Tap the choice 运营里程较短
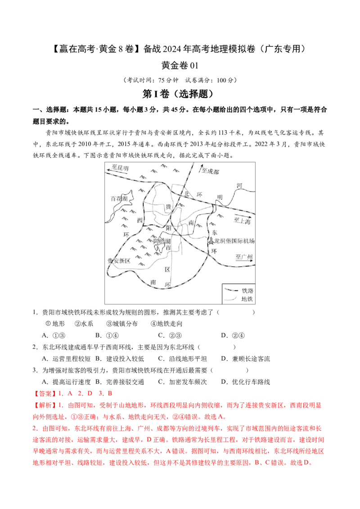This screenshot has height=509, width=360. [x=71, y=358]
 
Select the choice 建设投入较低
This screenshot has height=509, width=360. [x=125, y=358]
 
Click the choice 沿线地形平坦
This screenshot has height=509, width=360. [x=188, y=358]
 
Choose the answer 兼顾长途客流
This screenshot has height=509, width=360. [x=251, y=358]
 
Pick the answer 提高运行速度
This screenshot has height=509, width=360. [x=71, y=382]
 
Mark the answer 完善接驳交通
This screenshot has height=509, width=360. [x=125, y=382]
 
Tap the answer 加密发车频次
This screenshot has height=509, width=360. [x=188, y=382]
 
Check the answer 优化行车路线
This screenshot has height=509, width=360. [x=251, y=382]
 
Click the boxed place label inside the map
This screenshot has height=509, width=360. [x=162, y=241]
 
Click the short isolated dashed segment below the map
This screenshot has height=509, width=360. [x=232, y=290]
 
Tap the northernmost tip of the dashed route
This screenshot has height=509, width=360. [x=193, y=163]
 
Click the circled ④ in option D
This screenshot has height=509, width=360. [x=241, y=335]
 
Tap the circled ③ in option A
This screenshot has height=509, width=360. [x=63, y=335]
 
